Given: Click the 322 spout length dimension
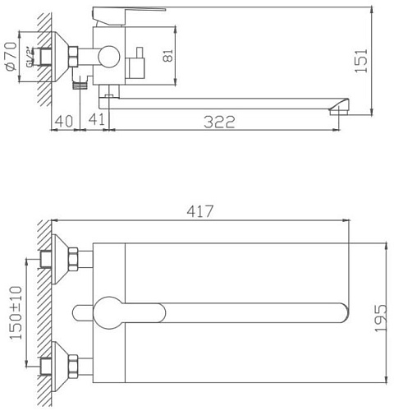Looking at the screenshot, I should coord(219,122).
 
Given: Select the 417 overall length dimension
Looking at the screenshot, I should coord(201,211).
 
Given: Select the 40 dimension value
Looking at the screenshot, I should coord(63,122).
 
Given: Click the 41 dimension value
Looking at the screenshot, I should coord(97,122).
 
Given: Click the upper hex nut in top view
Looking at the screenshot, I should coord(73,257).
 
